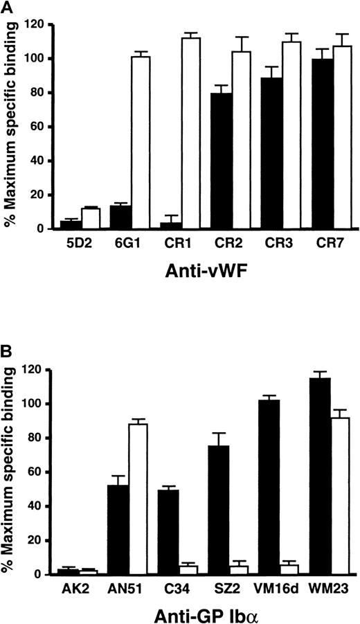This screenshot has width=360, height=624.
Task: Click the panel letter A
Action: (6, 7)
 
